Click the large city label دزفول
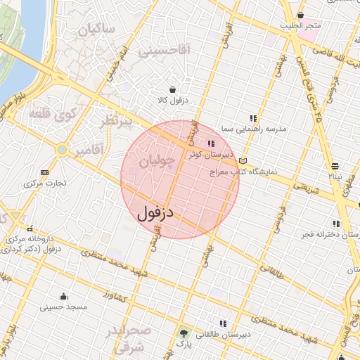coord(156,210)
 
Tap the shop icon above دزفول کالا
coord(163,88)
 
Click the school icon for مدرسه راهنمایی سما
coord(253,117)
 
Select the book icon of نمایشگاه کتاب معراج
coord(243,160)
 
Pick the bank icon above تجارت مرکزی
coord(45,172)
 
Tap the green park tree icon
coord(184,333)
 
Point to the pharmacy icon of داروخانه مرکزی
coord(30,228)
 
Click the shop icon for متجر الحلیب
coord(302,15)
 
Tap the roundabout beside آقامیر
coord(63,150)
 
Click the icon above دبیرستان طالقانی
coord(224,323)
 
